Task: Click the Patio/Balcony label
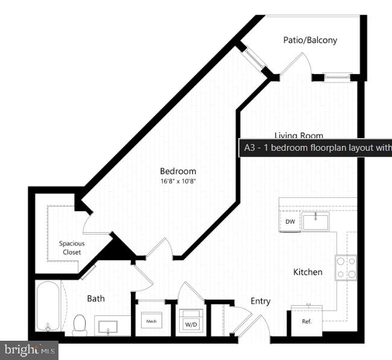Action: click(x=310, y=40)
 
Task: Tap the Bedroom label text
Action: click(x=178, y=171)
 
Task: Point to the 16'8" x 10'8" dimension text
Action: click(x=178, y=182)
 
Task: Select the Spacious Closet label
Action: click(x=72, y=248)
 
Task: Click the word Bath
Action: click(x=96, y=298)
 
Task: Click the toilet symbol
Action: click(x=80, y=324)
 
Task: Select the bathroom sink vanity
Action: click(x=112, y=326)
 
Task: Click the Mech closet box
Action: click(x=151, y=322)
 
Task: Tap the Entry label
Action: click(x=261, y=301)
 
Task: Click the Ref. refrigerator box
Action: click(x=306, y=321)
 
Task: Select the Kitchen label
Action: click(x=308, y=272)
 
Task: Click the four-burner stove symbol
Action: click(x=346, y=267)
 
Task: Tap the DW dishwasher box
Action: click(x=290, y=222)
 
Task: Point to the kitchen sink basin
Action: click(x=315, y=221)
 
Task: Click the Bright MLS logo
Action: click(x=29, y=349)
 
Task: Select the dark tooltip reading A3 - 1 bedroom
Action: click(x=315, y=148)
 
